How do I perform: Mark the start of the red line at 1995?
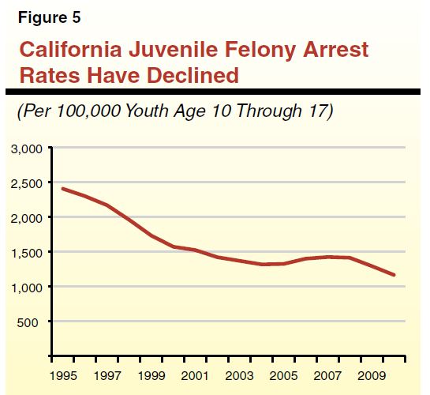pos(62,189)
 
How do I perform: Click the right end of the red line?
pos(394,275)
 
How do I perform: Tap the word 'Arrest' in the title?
pos(329,50)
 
